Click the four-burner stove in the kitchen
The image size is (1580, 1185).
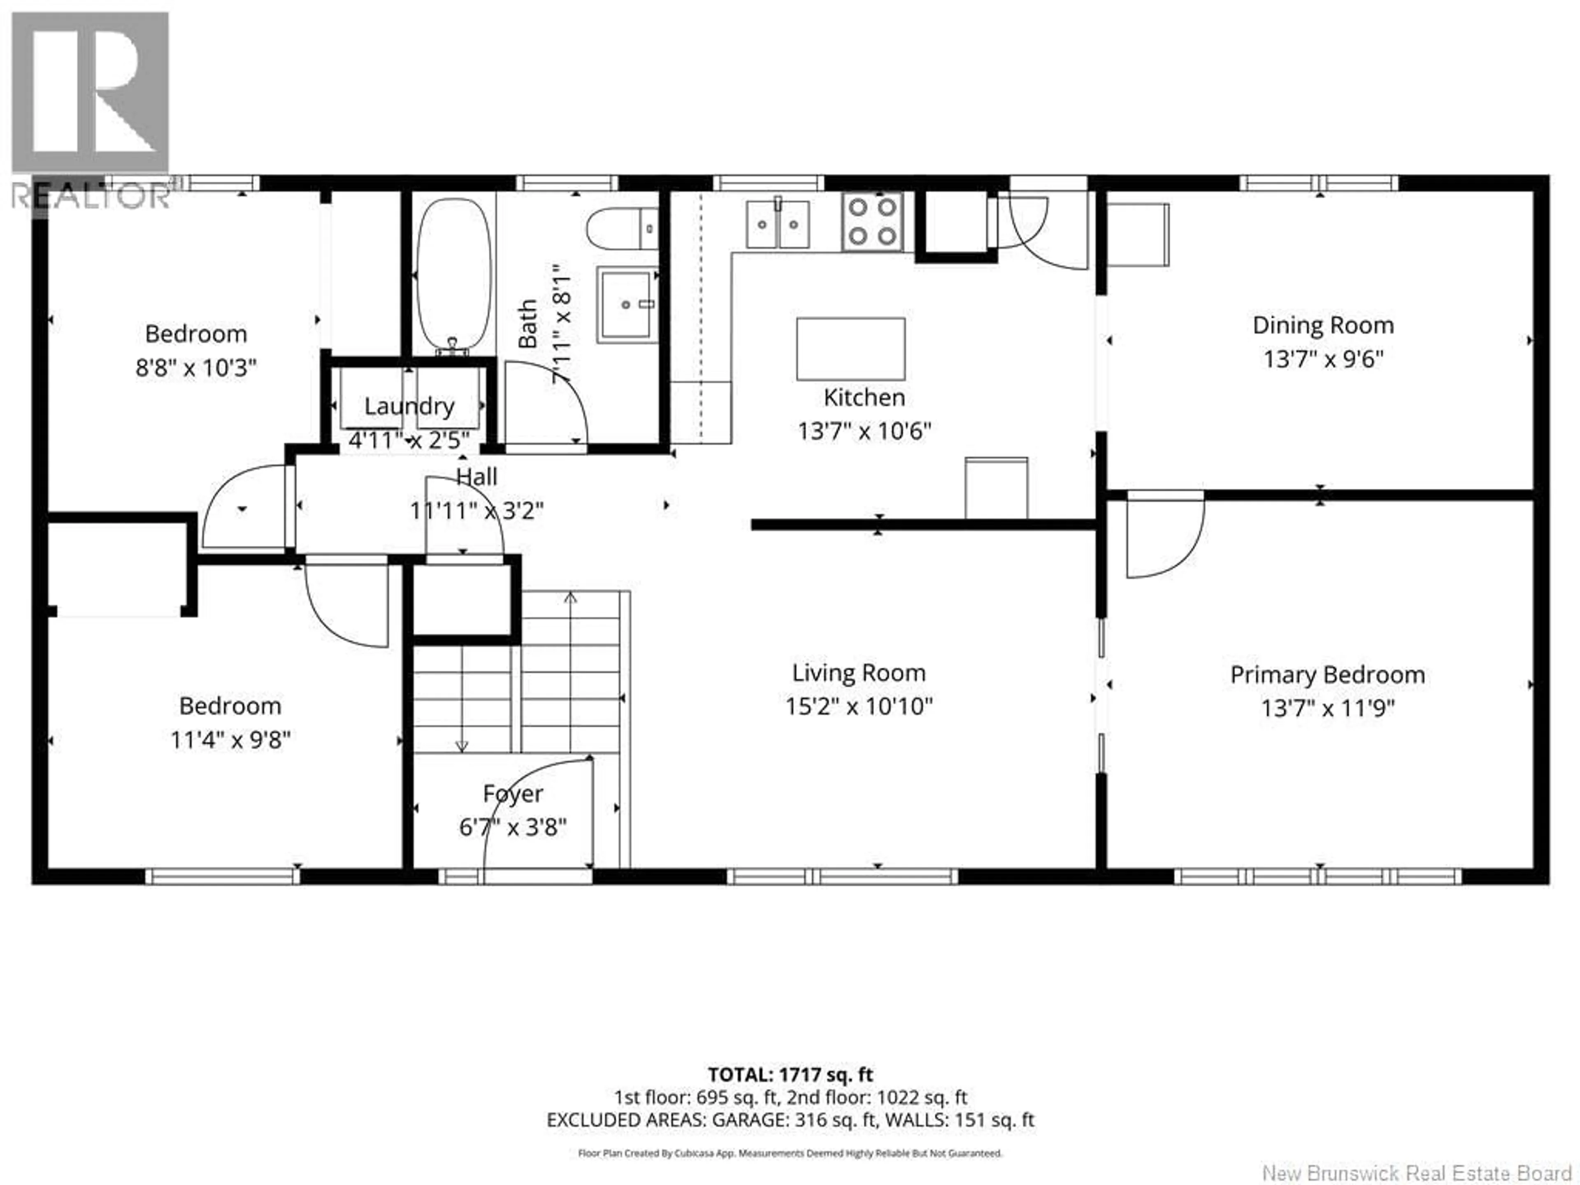click(x=872, y=221)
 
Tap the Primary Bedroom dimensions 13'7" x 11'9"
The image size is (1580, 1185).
click(x=1327, y=709)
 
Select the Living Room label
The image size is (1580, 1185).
click(x=859, y=673)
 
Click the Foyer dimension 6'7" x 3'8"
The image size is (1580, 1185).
click(x=512, y=827)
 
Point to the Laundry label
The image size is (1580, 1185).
click(x=409, y=407)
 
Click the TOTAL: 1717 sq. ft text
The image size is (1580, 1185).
click(x=790, y=1075)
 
